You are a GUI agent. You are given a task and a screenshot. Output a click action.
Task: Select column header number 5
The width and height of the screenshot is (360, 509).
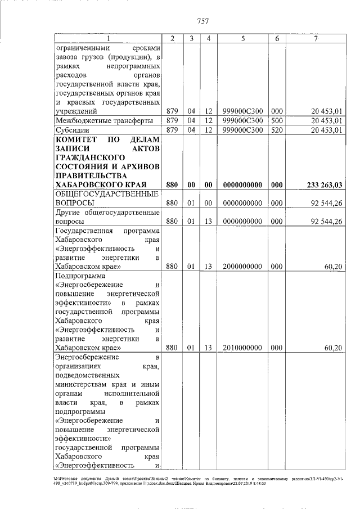click(x=242, y=38)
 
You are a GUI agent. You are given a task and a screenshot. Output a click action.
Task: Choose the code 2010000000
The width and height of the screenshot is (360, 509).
click(x=242, y=348)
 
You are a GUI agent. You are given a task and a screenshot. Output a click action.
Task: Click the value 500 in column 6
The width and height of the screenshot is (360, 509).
click(x=277, y=120)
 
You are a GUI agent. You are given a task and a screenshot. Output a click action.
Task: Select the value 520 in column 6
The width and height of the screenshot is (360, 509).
click(x=277, y=130)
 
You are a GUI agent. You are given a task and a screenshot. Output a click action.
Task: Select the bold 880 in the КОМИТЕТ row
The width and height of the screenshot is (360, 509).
click(x=172, y=184)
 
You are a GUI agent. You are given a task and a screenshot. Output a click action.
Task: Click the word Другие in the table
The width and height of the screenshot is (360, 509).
click(x=69, y=213)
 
